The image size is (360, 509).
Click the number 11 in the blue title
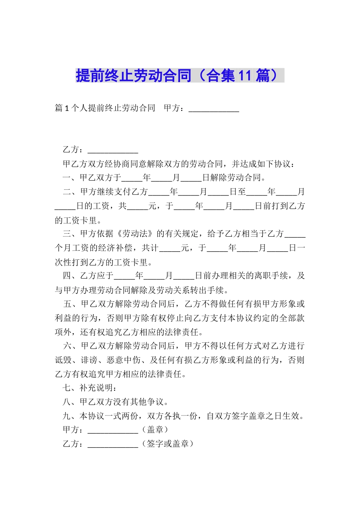point(245,76)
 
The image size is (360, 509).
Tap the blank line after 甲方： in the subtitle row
point(214,109)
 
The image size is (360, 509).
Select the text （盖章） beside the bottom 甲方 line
point(155,429)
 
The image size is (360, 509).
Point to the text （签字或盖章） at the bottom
point(167,443)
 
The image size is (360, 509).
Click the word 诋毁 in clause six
point(63,360)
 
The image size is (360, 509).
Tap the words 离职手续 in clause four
point(271,276)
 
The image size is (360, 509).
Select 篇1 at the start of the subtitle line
point(62,108)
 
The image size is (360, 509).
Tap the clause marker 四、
point(71,276)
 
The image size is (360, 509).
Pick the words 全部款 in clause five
point(292,318)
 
